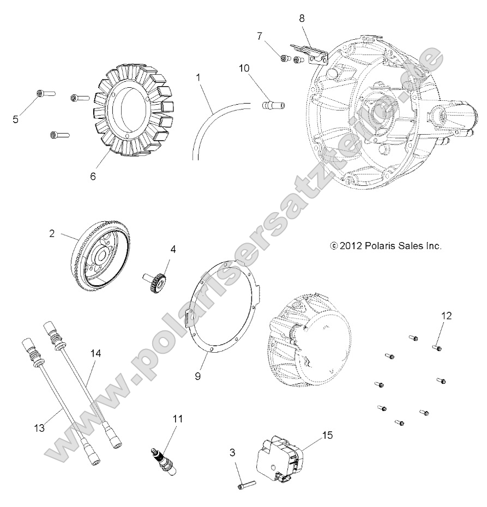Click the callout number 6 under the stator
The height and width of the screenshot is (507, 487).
click(x=93, y=177)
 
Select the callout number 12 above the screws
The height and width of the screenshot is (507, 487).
click(x=446, y=315)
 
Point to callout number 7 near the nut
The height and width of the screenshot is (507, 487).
click(x=261, y=36)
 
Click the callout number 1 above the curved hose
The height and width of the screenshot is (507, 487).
click(x=199, y=77)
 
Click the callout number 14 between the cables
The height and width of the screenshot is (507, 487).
click(x=95, y=353)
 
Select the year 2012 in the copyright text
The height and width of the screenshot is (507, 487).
click(x=350, y=246)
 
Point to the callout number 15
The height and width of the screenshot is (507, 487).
click(x=327, y=435)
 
